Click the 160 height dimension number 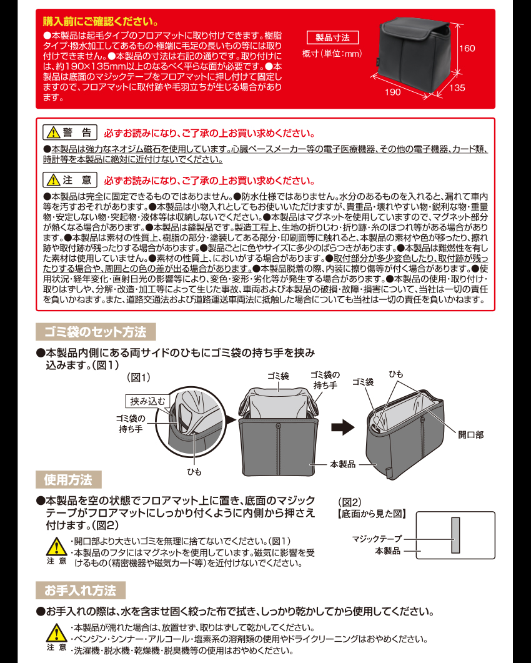click(468, 48)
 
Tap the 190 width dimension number click(392, 92)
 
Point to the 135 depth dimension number click(457, 88)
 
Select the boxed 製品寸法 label click(332, 37)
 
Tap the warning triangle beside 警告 click(52, 133)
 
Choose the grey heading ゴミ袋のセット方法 click(96, 332)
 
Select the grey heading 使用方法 click(68, 480)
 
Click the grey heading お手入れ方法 click(80, 591)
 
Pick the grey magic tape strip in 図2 click(455, 535)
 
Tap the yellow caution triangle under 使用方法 click(56, 547)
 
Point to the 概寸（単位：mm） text click(332, 54)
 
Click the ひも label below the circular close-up click(194, 472)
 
